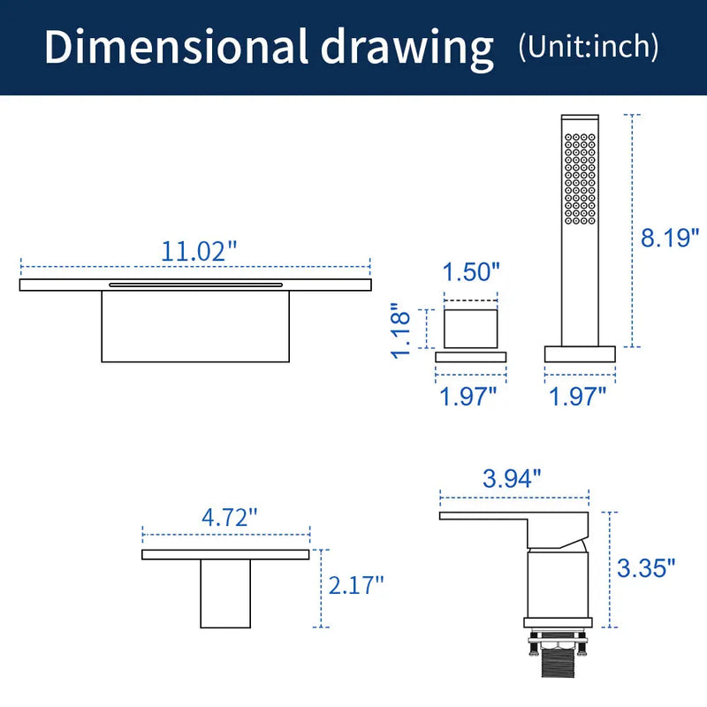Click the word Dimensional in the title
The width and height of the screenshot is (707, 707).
point(176,47)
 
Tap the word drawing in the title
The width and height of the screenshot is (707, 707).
point(407,49)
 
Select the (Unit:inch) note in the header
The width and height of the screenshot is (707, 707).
point(589,47)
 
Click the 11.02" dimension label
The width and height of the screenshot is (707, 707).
point(199,251)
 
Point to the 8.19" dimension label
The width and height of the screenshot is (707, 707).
point(670,237)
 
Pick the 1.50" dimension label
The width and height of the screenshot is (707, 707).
point(471,271)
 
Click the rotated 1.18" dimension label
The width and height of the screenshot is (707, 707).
point(400,331)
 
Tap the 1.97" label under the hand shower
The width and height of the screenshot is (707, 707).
point(578,396)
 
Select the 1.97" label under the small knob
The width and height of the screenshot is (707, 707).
point(468,396)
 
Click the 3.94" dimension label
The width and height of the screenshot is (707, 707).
point(512,478)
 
